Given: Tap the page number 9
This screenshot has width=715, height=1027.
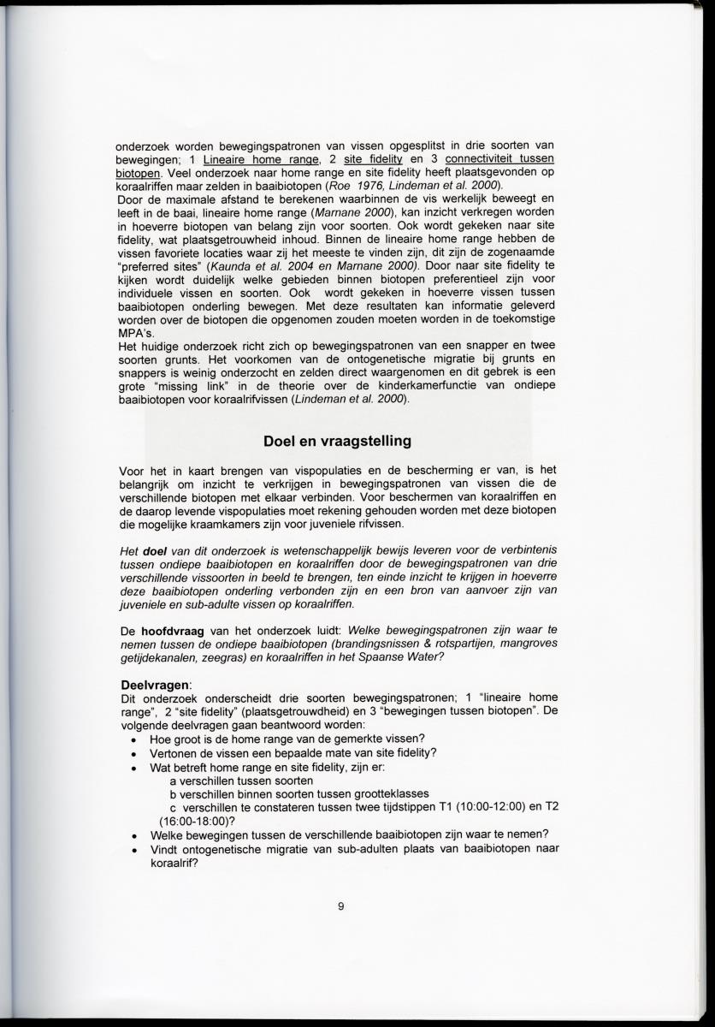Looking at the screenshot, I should click(x=340, y=907).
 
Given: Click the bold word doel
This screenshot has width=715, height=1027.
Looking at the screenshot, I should click(x=154, y=551).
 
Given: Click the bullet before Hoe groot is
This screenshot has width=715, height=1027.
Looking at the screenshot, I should click(x=133, y=739).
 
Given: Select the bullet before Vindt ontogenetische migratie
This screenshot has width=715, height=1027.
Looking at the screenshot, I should click(x=133, y=849).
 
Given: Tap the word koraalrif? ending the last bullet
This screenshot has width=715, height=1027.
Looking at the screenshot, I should click(x=173, y=863).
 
